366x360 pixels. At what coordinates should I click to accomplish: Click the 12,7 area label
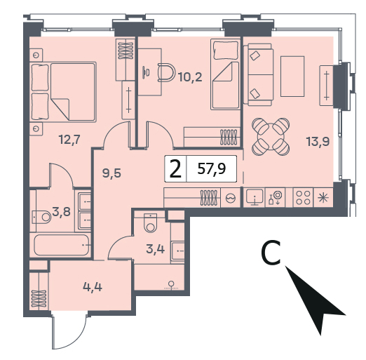pos(69,140)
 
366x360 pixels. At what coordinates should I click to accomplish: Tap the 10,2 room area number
pos(190,76)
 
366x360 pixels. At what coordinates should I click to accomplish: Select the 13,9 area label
pos(318,142)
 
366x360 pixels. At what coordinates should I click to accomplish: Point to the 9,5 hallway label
pos(111,173)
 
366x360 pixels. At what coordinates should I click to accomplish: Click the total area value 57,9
pos(212,168)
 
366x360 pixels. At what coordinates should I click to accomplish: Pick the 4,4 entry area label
pos(93,287)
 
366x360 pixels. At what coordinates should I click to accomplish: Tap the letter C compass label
pos(271,253)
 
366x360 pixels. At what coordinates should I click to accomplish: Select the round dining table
pos(271,137)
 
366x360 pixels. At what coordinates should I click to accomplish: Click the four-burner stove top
pos(303,198)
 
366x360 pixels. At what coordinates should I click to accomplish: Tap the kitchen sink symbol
pos(255,198)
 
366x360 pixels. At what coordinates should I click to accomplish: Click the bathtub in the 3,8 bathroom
pos(62,245)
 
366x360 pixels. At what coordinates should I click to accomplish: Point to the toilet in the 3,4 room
pos(150,222)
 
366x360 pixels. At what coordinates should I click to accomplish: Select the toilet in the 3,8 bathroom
pos(41,217)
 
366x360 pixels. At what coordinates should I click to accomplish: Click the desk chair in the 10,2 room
pos(166,73)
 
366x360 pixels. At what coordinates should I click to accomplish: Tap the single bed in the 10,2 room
pos(225,74)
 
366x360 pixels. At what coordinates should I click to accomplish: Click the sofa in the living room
pos(258,74)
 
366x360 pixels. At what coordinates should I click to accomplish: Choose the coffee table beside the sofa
pos(292,76)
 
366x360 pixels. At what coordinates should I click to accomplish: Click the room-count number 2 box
pos(176,168)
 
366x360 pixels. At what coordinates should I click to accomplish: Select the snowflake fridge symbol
pos(323,198)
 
